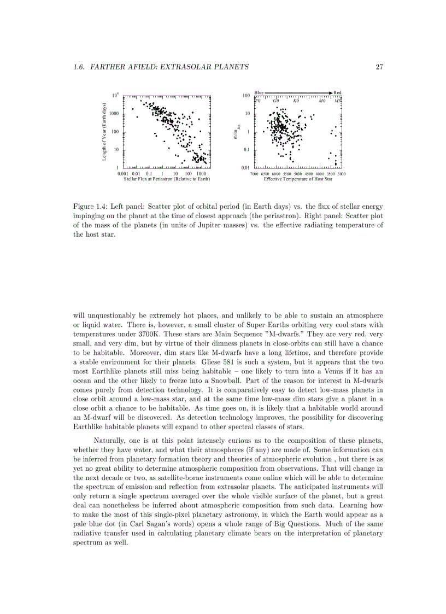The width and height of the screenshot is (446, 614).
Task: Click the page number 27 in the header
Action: pyautogui.click(x=379, y=67)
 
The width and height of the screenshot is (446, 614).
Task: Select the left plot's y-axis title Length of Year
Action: pyautogui.click(x=104, y=131)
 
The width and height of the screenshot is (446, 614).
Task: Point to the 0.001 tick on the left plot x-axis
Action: pyautogui.click(x=124, y=173)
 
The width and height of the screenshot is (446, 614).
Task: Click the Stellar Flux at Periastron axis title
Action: pyautogui.click(x=167, y=179)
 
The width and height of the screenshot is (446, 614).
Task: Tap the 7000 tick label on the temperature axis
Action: pyautogui.click(x=254, y=173)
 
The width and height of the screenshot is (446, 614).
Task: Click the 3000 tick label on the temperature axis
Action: pyautogui.click(x=342, y=173)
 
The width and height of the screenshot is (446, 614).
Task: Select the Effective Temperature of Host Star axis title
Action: pyautogui.click(x=298, y=179)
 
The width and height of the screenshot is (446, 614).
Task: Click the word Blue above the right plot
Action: pyautogui.click(x=259, y=93)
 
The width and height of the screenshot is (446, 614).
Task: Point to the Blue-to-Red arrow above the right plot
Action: pyautogui.click(x=298, y=93)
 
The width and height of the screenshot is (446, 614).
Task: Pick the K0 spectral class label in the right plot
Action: pyautogui.click(x=296, y=101)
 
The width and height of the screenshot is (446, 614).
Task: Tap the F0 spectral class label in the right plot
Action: pyautogui.click(x=258, y=101)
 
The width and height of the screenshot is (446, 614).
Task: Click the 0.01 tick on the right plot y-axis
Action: pyautogui.click(x=246, y=167)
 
